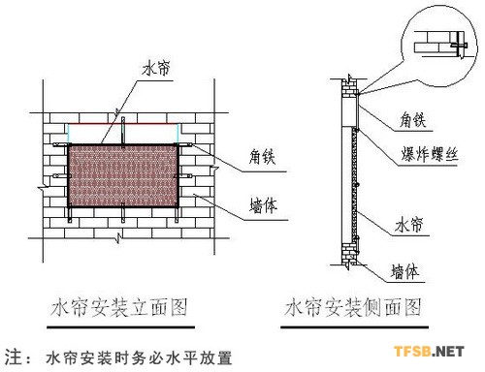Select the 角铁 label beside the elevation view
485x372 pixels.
click(x=253, y=164)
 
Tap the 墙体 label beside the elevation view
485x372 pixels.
click(x=253, y=205)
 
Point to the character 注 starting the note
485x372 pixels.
click(x=13, y=356)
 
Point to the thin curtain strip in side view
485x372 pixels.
click(x=358, y=174)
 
